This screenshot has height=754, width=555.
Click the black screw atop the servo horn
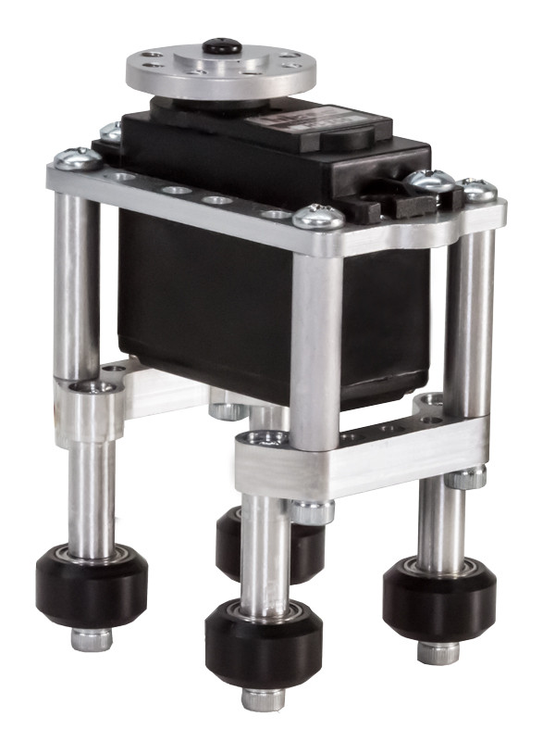[222, 44]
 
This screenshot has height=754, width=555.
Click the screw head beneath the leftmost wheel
[92, 639]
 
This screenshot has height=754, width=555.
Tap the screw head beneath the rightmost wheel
[438, 652]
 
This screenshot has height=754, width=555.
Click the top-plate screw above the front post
[317, 219]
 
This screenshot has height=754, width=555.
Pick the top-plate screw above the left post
[78, 159]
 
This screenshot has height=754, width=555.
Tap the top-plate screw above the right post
[479, 191]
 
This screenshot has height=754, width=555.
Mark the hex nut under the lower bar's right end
[467, 479]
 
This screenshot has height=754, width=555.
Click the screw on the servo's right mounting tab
[430, 181]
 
